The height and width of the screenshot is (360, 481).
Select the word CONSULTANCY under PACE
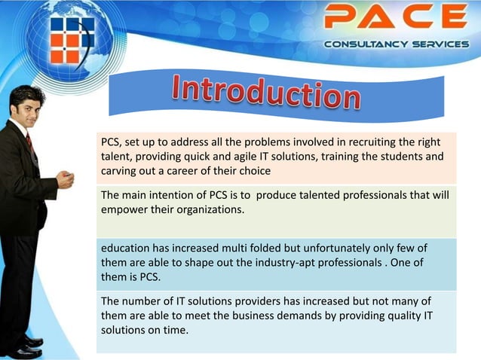pos(360,44)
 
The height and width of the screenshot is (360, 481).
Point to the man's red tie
pos(29,142)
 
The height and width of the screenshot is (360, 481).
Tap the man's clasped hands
pos(65,180)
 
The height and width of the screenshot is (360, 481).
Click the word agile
pos(246,157)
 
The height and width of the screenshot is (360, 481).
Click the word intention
pos(175,196)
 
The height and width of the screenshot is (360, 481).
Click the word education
pos(127,249)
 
